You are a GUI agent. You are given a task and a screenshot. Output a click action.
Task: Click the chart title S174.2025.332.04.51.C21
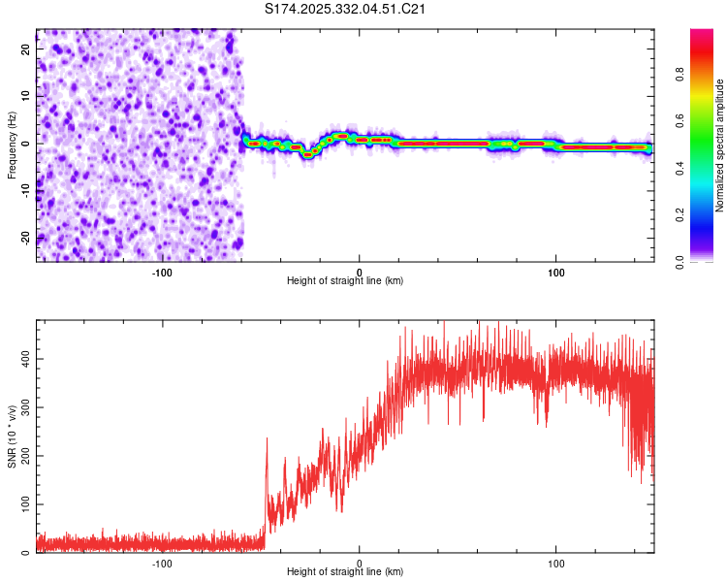(346, 9)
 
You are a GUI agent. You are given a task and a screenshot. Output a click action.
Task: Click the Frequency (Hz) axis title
(13, 145)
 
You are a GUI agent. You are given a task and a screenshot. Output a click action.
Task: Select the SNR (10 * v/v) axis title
(13, 436)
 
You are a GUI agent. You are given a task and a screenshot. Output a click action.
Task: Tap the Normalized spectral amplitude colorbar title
(720, 145)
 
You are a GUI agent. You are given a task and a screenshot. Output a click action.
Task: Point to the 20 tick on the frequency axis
(24, 48)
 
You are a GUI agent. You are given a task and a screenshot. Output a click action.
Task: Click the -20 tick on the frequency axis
(22, 238)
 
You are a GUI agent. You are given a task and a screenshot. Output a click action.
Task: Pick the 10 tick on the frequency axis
(24, 95)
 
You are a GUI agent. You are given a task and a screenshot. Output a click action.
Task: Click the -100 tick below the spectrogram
(162, 273)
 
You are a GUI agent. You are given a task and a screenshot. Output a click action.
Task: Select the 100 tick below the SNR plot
(556, 564)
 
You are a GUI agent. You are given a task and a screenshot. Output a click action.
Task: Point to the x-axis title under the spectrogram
(345, 281)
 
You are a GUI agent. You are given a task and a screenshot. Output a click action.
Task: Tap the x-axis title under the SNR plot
(345, 572)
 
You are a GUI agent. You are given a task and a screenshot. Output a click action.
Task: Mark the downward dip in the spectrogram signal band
(307, 153)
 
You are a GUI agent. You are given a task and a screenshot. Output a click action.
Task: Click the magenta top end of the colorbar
(702, 34)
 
